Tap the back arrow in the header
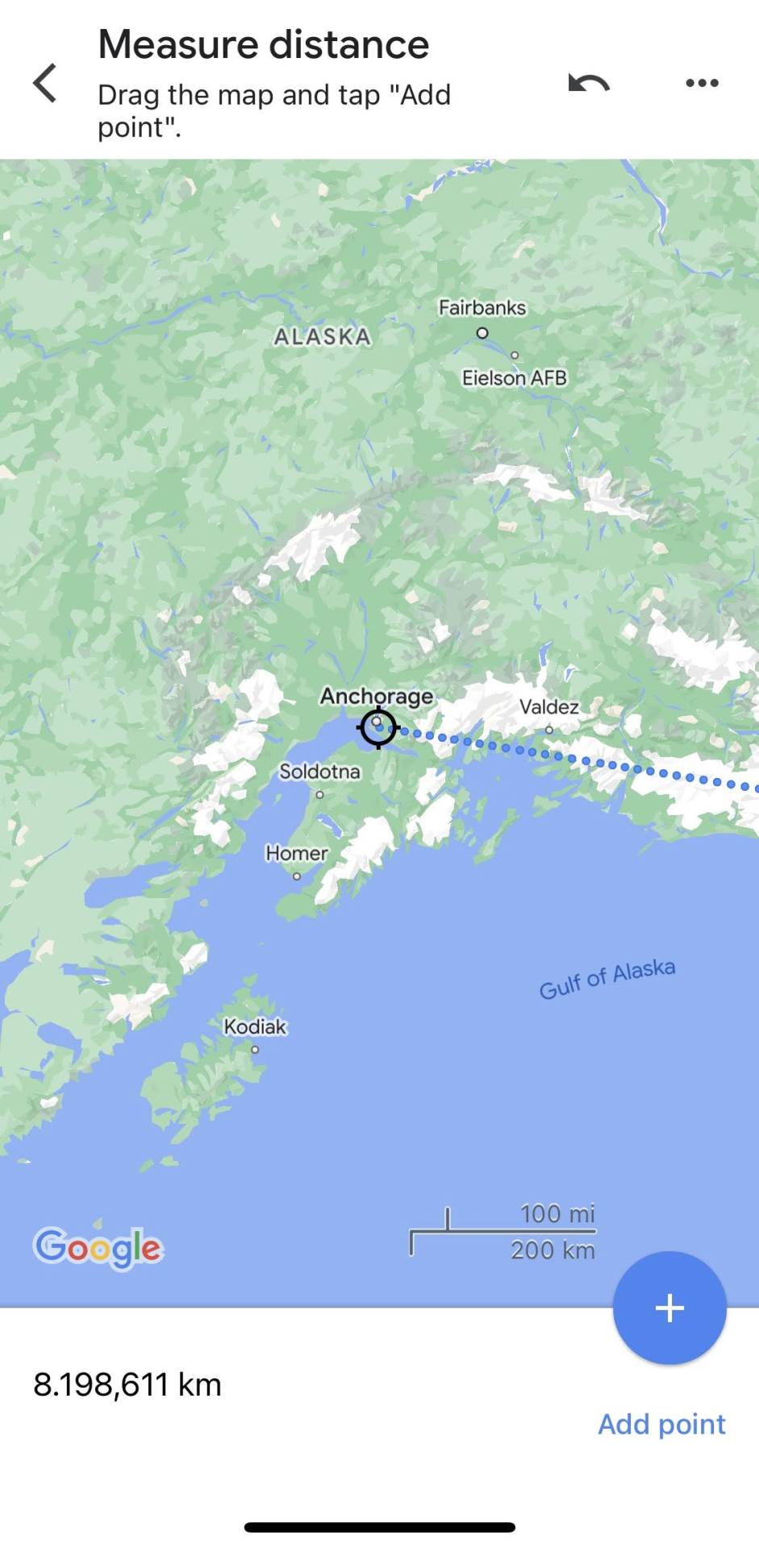[x=45, y=83]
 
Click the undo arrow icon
[x=589, y=82]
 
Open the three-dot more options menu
[x=702, y=82]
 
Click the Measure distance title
[x=264, y=44]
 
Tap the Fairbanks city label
[x=482, y=308]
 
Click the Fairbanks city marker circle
[x=482, y=333]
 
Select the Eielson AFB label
[x=514, y=378]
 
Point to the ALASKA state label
[x=323, y=337]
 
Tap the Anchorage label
[x=376, y=696]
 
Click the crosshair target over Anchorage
[x=377, y=728]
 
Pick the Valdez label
[x=549, y=707]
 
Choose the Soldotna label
[x=319, y=772]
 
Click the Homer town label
[x=297, y=853]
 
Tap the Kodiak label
[x=255, y=1026]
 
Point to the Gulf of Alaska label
[x=607, y=979]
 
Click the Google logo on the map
[x=98, y=1247]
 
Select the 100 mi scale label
[x=557, y=1213]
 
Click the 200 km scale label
[x=553, y=1250]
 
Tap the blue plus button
[x=669, y=1308]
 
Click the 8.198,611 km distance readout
[x=127, y=1384]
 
